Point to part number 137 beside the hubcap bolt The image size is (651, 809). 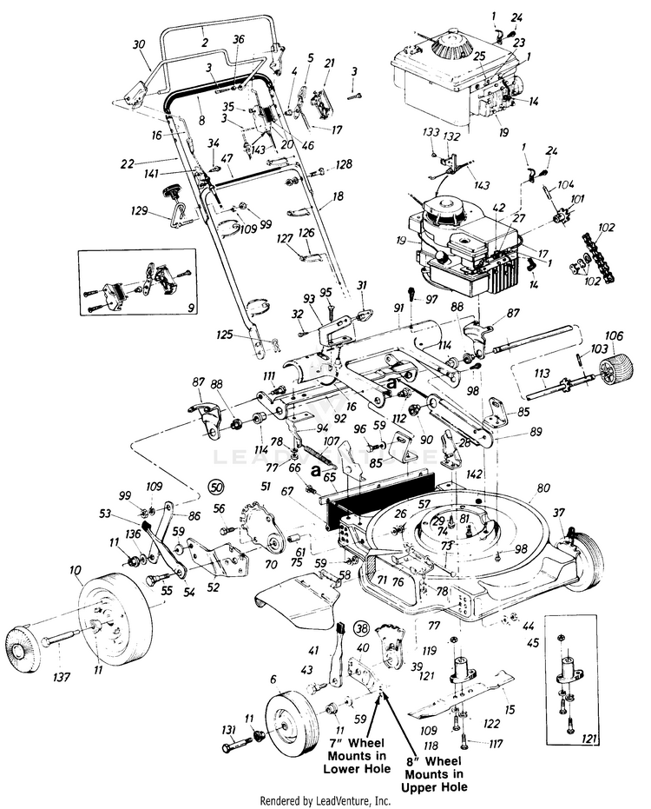pyautogui.click(x=60, y=675)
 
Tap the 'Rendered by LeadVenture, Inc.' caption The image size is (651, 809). pyautogui.click(x=325, y=800)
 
